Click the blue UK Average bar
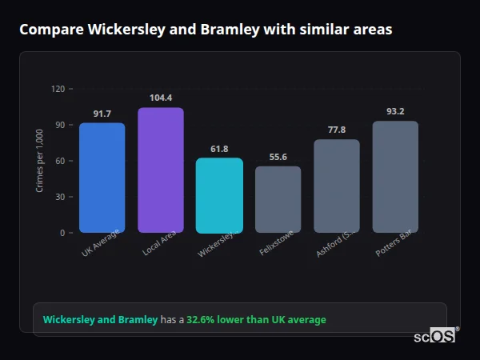click(102, 178)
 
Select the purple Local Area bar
click(161, 170)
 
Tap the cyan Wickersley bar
click(219, 195)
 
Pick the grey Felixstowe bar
click(278, 199)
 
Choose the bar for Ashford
click(337, 186)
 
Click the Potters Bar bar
click(395, 177)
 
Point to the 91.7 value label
click(102, 114)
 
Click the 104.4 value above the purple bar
click(161, 98)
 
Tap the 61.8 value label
click(219, 149)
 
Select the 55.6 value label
click(278, 158)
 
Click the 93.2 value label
click(395, 111)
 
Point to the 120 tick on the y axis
click(58, 89)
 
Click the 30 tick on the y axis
click(60, 197)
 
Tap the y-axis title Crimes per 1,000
click(39, 161)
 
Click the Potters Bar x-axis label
click(394, 246)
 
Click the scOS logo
click(434, 337)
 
